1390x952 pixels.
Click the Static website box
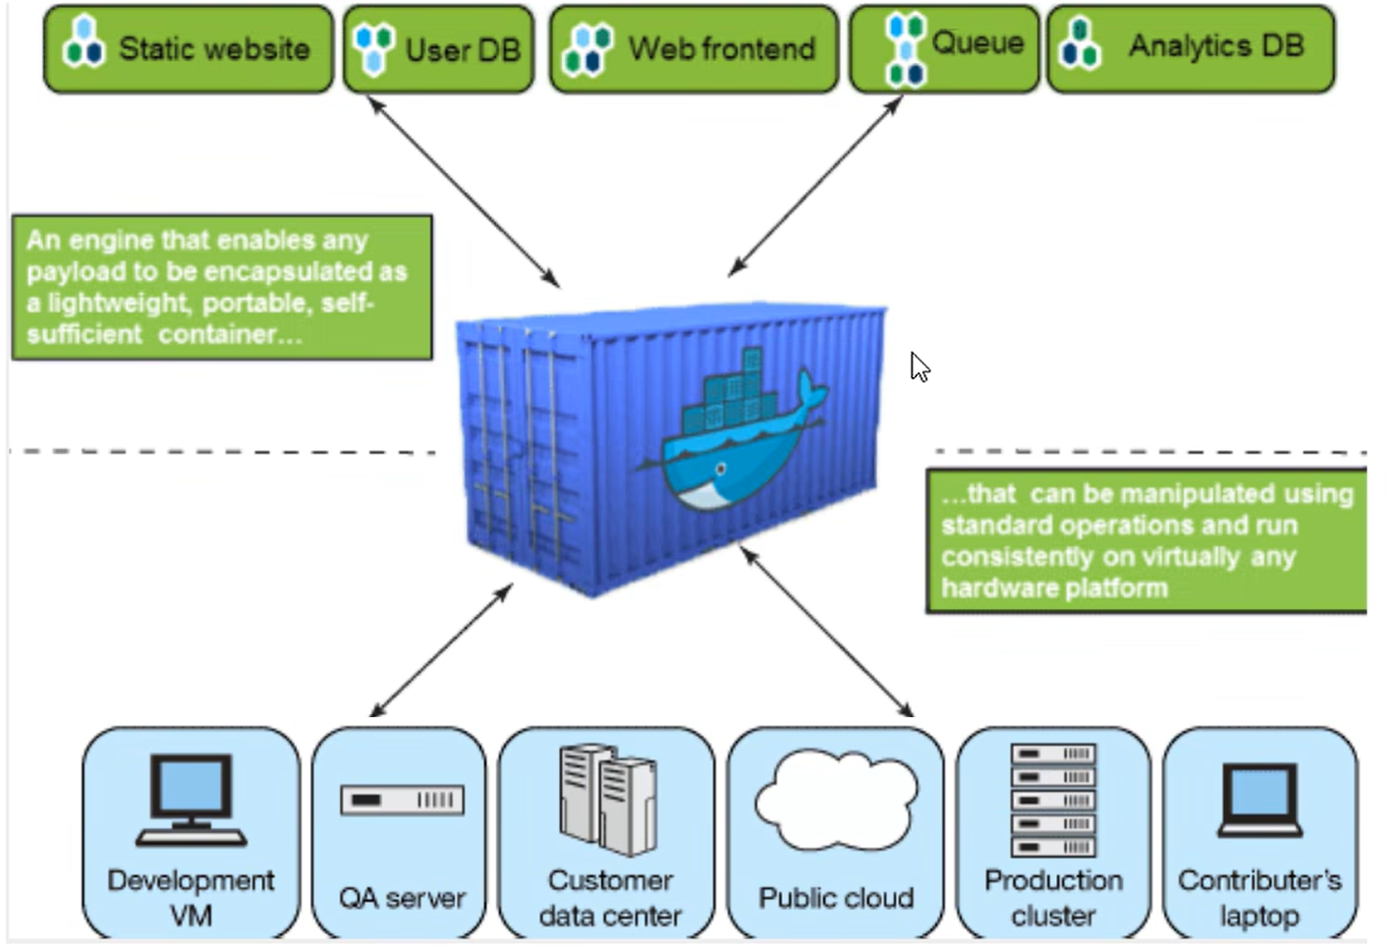pos(188,49)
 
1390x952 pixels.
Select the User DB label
pos(463,50)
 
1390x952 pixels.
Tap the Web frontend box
pos(694,49)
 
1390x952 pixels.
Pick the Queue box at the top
pos(944,49)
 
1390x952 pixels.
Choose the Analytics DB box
pos(1191,49)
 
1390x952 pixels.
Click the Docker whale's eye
pos(720,470)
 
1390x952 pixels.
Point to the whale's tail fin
pos(812,392)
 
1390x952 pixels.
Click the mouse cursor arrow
pos(919,366)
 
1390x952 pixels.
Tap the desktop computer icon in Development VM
pos(192,800)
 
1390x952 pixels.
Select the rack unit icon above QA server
pos(402,800)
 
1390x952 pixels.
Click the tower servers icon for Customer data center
pos(607,800)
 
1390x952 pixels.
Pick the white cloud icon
pos(836,800)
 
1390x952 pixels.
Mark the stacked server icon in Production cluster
pos(1053,801)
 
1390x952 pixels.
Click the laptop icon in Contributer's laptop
pos(1259,801)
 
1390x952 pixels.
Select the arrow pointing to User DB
pos(464,192)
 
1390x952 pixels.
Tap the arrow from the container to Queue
pos(814,187)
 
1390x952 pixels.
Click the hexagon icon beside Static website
pos(83,42)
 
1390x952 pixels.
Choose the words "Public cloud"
pos(836,898)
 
